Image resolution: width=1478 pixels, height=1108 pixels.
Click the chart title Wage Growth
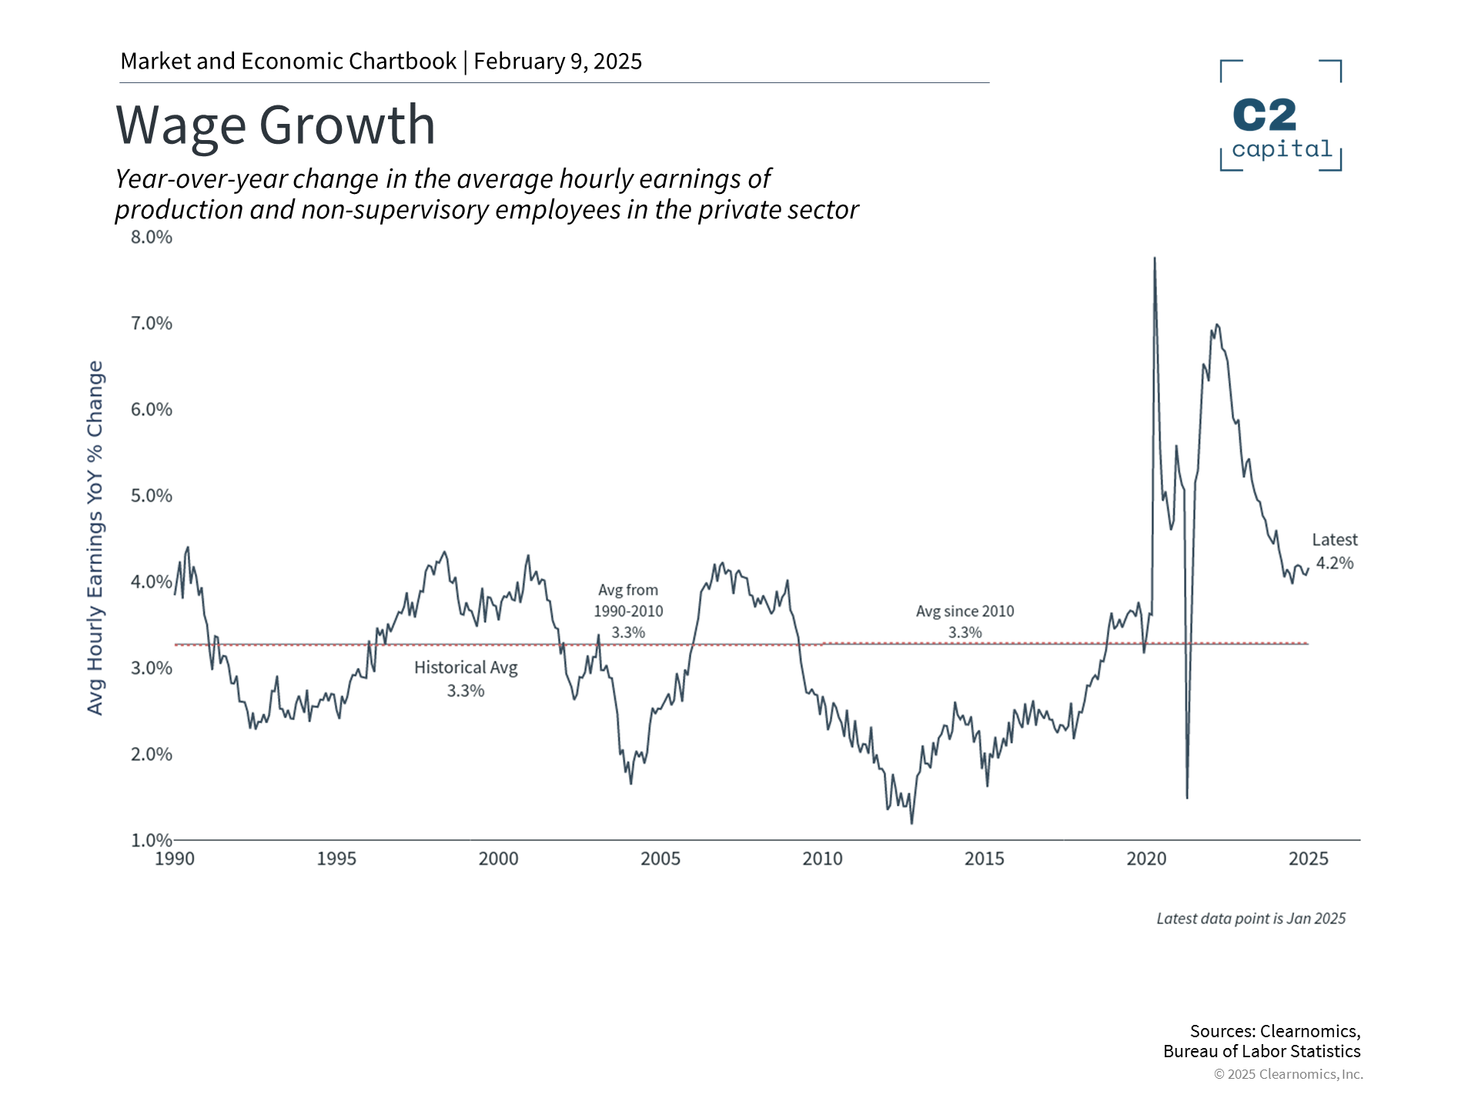click(x=276, y=125)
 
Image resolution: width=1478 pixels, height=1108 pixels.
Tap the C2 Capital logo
click(x=1281, y=115)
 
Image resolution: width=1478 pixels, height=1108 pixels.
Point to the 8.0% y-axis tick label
click(x=152, y=237)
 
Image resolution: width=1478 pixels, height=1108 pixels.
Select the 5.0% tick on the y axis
click(x=152, y=496)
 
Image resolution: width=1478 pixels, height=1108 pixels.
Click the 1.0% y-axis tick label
click(x=152, y=840)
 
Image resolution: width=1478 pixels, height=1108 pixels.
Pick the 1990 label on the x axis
click(x=175, y=859)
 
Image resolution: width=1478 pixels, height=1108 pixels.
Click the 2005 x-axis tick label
click(x=660, y=859)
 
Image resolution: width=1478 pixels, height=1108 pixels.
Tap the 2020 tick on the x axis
click(x=1146, y=859)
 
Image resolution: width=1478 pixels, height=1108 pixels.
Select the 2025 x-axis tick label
click(x=1308, y=859)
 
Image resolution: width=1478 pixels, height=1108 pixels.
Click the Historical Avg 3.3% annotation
click(x=466, y=679)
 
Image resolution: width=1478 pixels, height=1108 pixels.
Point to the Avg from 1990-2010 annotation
click(x=628, y=611)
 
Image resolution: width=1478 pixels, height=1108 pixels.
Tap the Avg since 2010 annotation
click(x=965, y=621)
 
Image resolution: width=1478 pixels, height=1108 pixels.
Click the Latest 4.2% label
click(x=1334, y=552)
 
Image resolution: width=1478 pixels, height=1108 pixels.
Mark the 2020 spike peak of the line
click(x=1154, y=259)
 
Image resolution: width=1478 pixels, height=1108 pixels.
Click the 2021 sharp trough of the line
click(x=1187, y=796)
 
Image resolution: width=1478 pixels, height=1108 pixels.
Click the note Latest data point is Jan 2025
click(x=1251, y=919)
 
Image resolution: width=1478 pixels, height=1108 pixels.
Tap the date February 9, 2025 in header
click(x=557, y=62)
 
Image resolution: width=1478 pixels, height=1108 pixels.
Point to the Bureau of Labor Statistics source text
click(x=1262, y=1051)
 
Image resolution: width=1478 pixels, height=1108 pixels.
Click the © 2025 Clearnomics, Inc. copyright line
click(x=1288, y=1074)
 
